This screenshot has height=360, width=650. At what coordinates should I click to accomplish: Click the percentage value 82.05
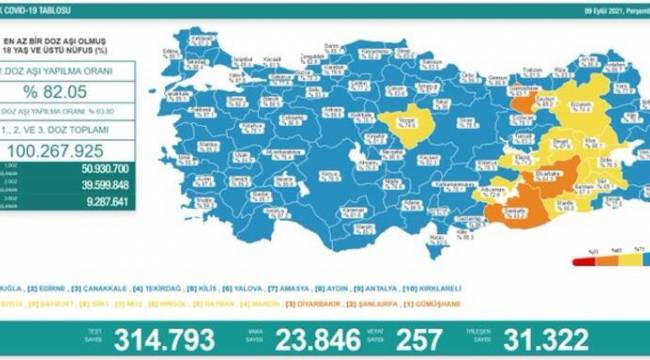(68, 100)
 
